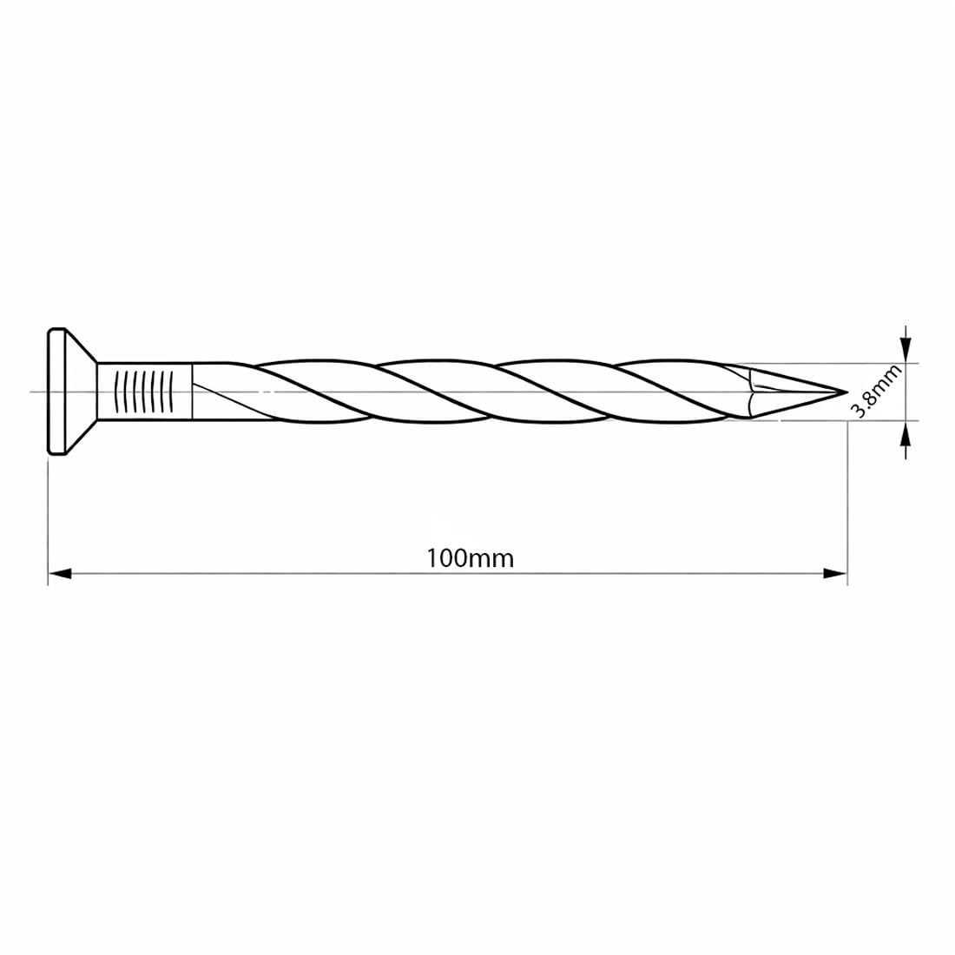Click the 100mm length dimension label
[x=470, y=558]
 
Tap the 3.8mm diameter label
[x=876, y=391]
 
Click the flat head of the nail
[x=56, y=391]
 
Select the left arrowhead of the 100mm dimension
[x=60, y=573]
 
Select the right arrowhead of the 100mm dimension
[x=835, y=573]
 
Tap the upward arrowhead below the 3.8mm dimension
[x=907, y=433]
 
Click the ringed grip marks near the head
[x=144, y=391]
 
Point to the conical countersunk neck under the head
[x=81, y=391]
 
